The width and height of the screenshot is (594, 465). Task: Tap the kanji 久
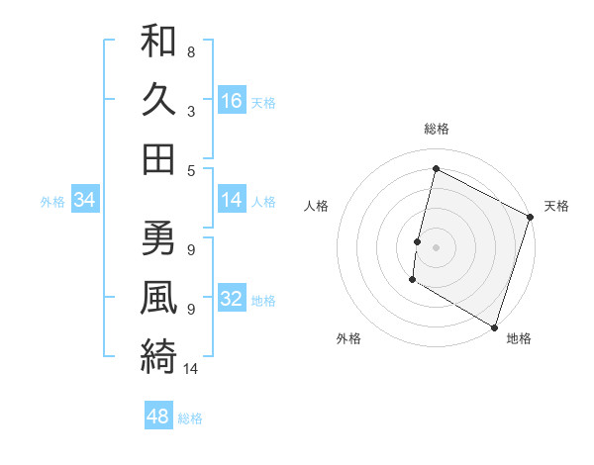pyautogui.click(x=158, y=100)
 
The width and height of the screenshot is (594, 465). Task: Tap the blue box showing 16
pyautogui.click(x=232, y=101)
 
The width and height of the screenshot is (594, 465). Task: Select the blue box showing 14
pyautogui.click(x=232, y=201)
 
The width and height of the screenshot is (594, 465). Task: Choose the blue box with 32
pyautogui.click(x=232, y=299)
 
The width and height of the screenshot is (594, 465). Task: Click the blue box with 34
pyautogui.click(x=85, y=201)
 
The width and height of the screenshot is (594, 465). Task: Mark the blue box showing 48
pyautogui.click(x=158, y=417)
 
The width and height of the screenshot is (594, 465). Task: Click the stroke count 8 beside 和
pyautogui.click(x=190, y=51)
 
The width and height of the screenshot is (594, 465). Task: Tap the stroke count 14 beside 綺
pyautogui.click(x=192, y=369)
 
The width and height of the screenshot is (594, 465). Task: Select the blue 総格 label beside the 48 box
pyautogui.click(x=190, y=418)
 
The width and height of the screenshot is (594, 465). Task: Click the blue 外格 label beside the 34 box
pyautogui.click(x=52, y=202)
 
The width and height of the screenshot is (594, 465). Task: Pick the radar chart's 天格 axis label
pyautogui.click(x=556, y=206)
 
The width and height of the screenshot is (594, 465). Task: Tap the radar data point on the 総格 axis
pyautogui.click(x=436, y=168)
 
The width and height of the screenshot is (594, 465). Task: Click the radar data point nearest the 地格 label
pyautogui.click(x=493, y=326)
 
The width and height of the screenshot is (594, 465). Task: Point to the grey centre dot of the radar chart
pyautogui.click(x=436, y=246)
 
